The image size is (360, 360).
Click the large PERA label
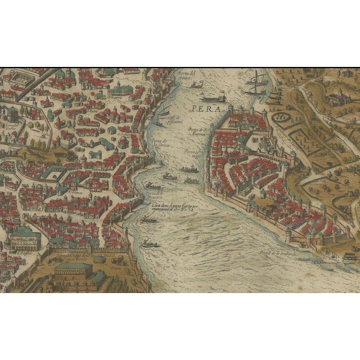pos(204,108)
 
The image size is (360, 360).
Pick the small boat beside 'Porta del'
pos(196,85)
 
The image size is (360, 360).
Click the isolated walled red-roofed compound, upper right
pos(332,100)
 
